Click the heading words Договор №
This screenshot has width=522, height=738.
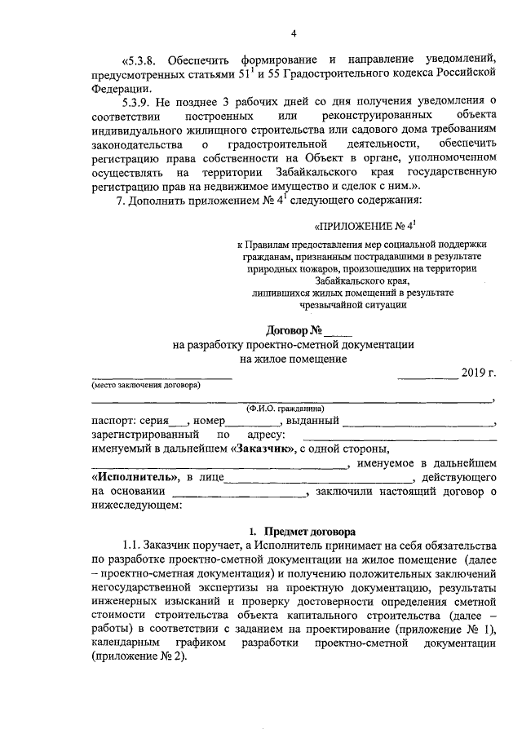[x=294, y=330]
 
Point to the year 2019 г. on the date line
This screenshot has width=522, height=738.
[x=478, y=373]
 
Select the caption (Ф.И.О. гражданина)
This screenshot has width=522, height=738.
[x=286, y=409]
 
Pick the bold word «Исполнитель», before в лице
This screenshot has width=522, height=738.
[x=134, y=476]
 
